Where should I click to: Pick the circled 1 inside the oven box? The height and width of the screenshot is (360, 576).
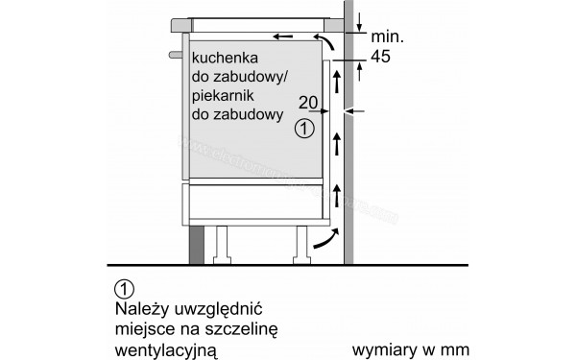coord(304,127)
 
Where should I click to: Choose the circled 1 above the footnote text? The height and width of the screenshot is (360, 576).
coord(122,287)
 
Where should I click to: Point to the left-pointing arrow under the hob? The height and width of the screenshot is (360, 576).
coord(280,37)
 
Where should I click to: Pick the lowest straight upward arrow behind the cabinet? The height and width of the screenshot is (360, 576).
coord(336,197)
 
